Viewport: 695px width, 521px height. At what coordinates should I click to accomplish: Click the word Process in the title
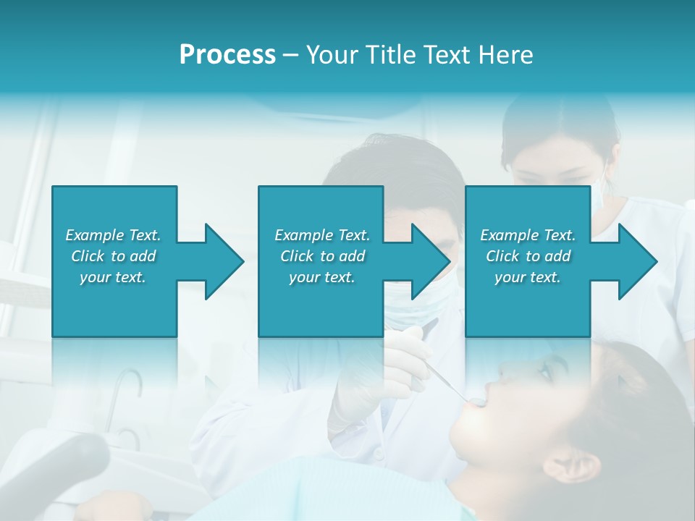(x=227, y=55)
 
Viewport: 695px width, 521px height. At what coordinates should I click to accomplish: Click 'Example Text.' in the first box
(x=113, y=235)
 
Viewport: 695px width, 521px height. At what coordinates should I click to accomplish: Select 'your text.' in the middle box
(x=321, y=277)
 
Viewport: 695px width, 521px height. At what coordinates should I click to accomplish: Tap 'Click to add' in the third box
(x=528, y=256)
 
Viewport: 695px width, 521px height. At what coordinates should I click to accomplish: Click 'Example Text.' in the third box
(x=528, y=235)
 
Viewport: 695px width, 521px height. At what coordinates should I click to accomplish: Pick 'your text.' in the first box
(x=113, y=277)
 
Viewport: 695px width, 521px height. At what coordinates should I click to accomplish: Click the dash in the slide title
(x=291, y=55)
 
